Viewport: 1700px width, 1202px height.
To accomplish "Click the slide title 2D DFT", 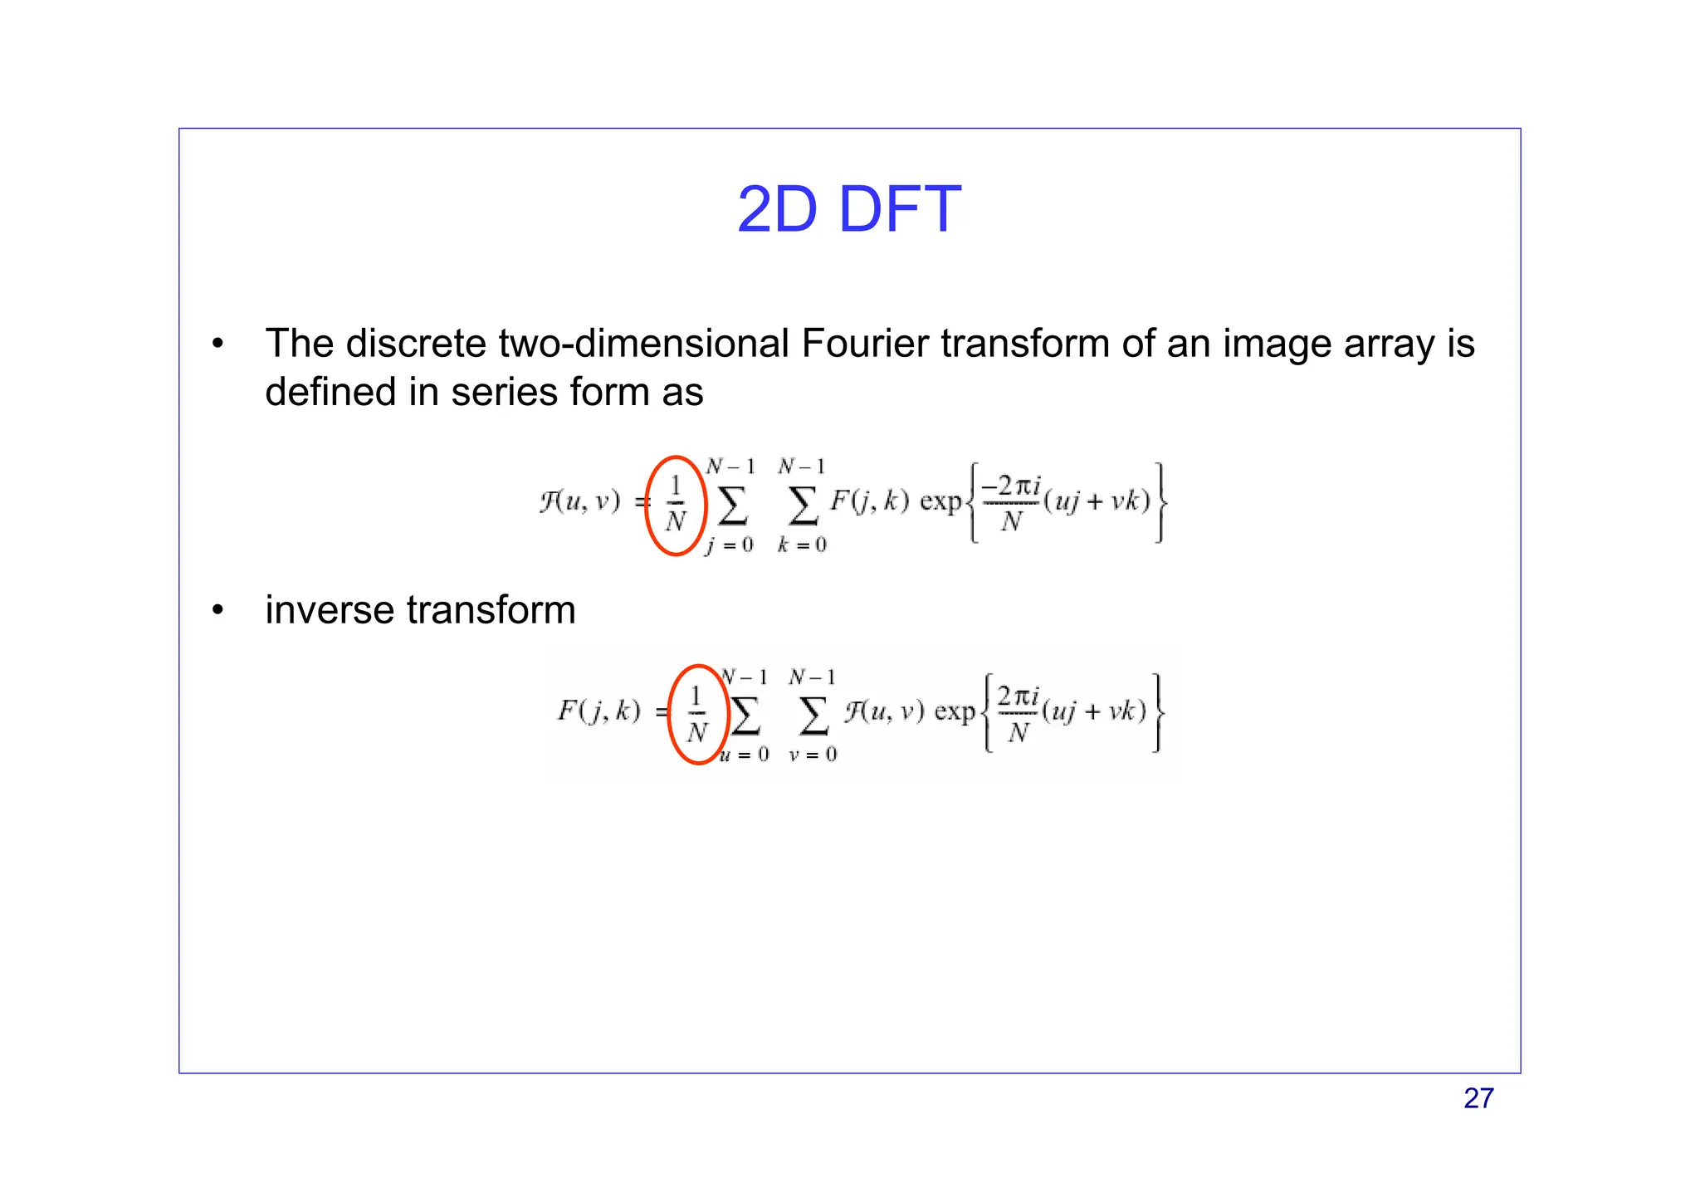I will [848, 209].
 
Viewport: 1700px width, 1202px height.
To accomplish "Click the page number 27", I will [1478, 1098].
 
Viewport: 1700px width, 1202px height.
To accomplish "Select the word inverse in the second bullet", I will [330, 610].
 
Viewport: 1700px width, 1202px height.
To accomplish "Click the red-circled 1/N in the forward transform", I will [676, 505].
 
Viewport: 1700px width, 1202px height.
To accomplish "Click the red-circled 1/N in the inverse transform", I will [697, 715].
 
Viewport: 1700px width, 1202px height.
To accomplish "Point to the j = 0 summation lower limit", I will [730, 545].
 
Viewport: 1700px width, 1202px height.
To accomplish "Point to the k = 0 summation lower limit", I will [802, 545].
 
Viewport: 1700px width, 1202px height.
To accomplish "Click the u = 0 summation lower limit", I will [745, 755].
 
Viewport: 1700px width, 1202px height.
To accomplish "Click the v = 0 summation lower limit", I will [813, 755].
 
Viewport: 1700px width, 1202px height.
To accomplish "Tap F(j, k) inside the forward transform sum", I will [869, 501].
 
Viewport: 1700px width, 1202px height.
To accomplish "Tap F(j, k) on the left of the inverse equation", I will [598, 711].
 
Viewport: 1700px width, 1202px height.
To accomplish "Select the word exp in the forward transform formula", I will [940, 502].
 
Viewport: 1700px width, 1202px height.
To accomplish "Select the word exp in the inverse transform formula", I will [955, 712].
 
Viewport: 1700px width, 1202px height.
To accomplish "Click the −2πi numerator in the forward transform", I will [1011, 486].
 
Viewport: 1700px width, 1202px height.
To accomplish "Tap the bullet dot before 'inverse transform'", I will [217, 611].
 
